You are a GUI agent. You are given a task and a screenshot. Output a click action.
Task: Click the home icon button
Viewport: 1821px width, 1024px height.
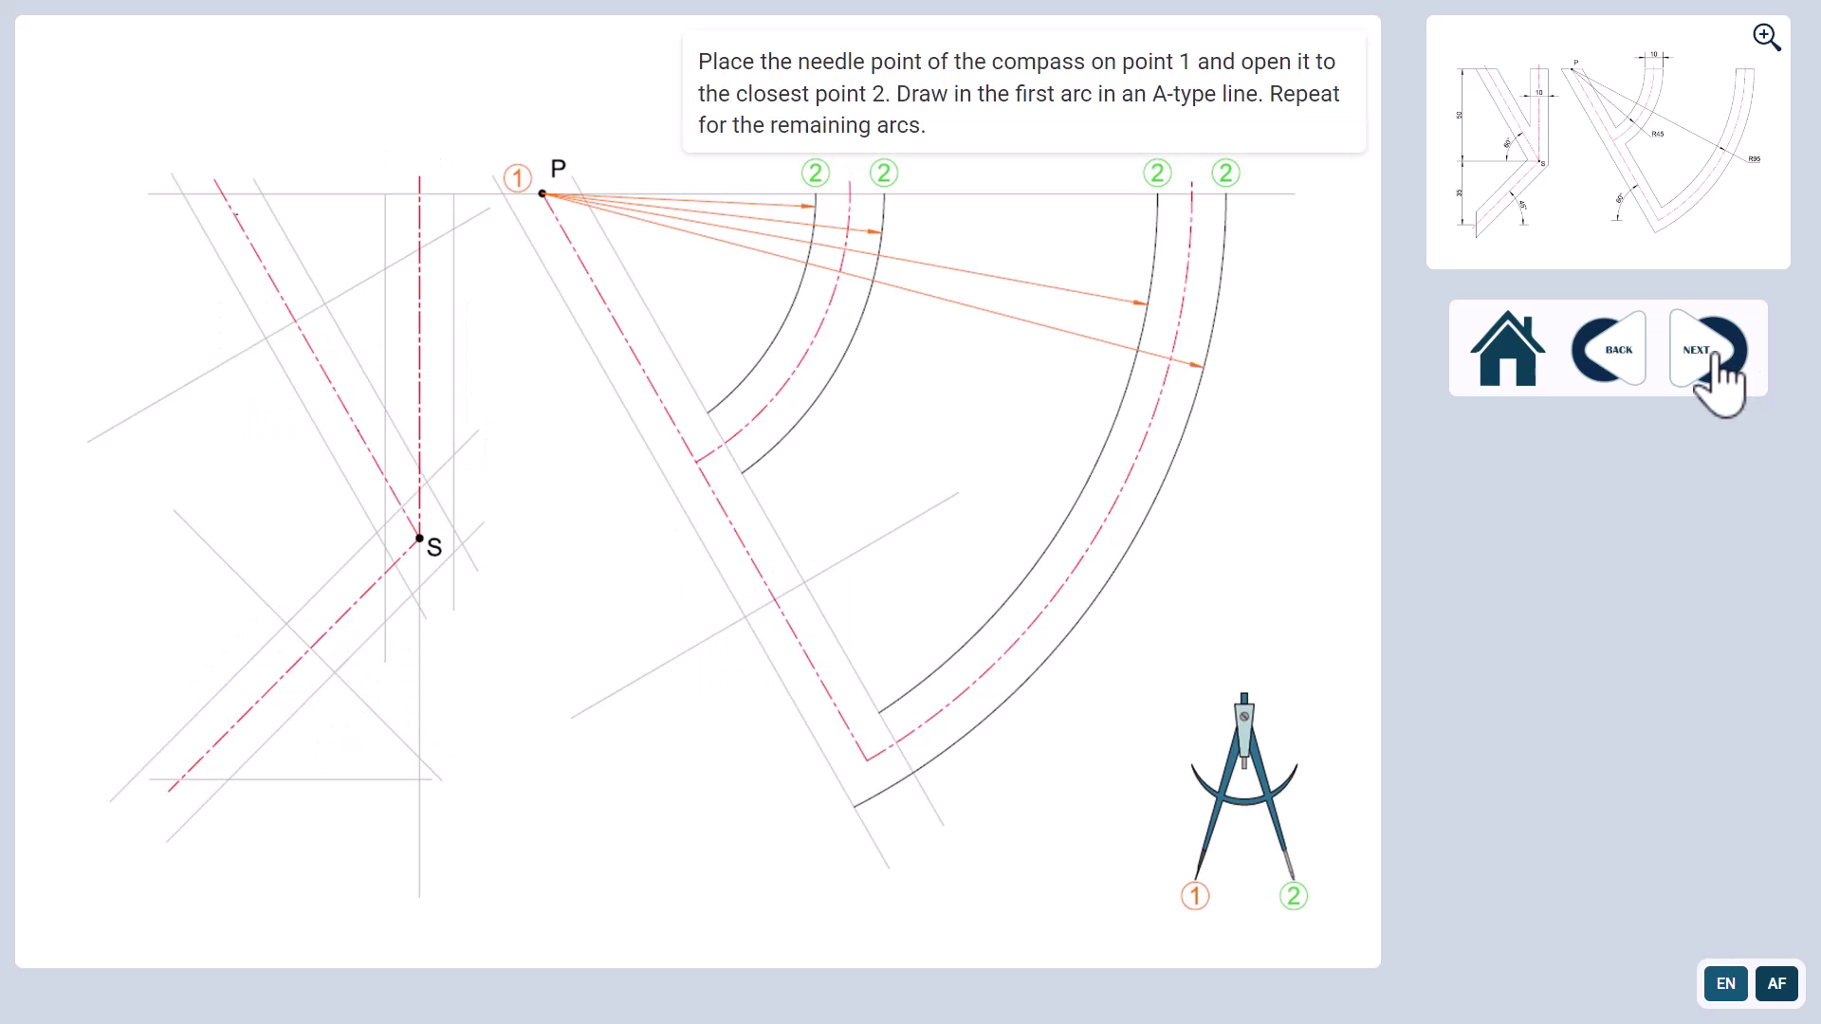tap(1507, 349)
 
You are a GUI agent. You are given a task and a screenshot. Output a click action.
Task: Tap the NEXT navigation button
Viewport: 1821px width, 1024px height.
tap(1707, 349)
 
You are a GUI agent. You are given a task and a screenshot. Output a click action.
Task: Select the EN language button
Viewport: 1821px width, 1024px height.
tap(1725, 983)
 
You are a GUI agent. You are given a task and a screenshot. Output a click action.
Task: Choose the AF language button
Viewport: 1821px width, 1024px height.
tap(1776, 983)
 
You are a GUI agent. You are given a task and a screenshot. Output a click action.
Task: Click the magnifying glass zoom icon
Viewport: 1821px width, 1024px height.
tap(1766, 37)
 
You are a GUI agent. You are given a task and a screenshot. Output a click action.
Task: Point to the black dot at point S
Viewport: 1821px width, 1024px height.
tap(419, 539)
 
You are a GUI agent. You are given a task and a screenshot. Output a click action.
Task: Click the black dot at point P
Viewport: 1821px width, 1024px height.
tap(543, 193)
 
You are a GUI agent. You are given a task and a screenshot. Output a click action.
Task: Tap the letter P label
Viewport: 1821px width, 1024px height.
tap(558, 169)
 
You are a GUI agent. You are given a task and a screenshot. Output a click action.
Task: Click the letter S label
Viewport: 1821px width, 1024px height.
tap(434, 547)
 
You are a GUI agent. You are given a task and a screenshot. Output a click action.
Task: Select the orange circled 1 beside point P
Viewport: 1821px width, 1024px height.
tap(517, 177)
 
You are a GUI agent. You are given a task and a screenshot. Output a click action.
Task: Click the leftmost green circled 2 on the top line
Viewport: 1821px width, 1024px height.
tap(816, 173)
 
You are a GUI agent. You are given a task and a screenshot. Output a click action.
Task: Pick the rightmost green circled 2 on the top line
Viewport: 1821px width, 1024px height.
tap(1225, 173)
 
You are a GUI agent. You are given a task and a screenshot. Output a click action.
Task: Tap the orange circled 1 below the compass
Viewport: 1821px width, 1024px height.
tap(1195, 896)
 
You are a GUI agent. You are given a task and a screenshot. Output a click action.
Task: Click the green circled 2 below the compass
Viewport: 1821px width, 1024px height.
tap(1294, 896)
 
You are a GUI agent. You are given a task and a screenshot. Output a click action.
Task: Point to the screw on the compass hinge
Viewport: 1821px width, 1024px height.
tap(1244, 716)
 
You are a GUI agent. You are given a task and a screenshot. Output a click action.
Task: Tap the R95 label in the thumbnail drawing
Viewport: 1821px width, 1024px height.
tap(1754, 159)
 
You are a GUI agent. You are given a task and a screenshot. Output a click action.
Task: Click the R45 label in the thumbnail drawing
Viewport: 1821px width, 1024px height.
tap(1657, 135)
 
